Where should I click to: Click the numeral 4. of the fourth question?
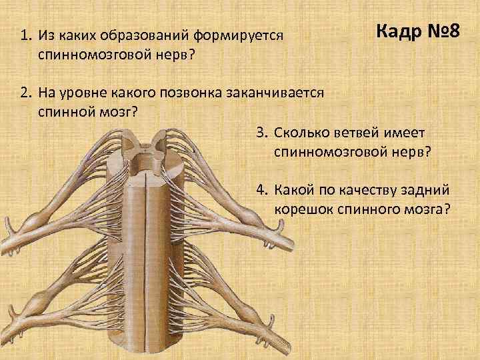(x=261, y=190)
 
